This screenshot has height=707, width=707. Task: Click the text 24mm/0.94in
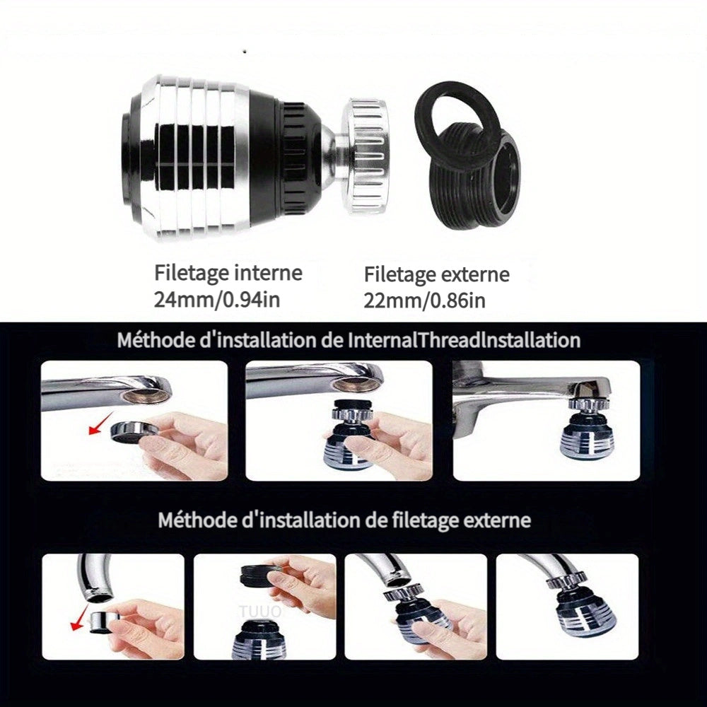tap(217, 299)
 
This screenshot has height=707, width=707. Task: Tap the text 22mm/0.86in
tap(424, 300)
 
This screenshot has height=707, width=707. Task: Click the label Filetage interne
tap(228, 273)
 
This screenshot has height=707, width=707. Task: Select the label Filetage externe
tap(436, 274)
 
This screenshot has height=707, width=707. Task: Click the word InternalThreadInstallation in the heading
tap(464, 340)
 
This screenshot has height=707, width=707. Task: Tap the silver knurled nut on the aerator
tap(366, 154)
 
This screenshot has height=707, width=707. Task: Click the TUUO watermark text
tap(261, 612)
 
